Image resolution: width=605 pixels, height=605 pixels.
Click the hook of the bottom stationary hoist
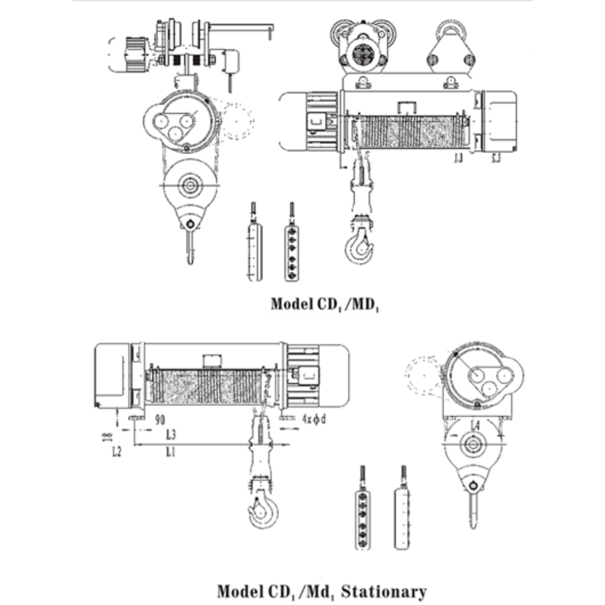click(262, 510)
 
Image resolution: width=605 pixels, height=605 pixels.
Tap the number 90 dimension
click(160, 419)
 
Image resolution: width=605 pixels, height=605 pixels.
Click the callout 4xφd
click(314, 419)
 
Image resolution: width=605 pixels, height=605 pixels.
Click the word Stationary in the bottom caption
click(384, 592)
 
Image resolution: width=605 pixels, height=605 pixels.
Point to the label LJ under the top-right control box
click(495, 159)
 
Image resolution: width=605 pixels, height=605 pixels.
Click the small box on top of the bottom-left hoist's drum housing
click(212, 361)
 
